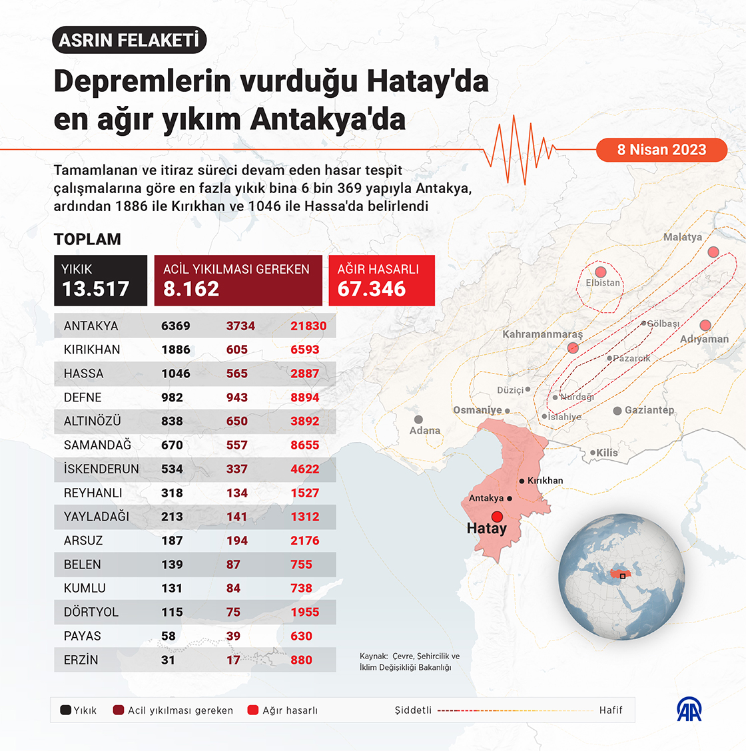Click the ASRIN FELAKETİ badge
(x=129, y=41)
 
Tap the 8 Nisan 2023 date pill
(x=661, y=149)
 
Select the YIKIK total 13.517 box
(x=101, y=280)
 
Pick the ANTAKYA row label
(x=91, y=326)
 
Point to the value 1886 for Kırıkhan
(x=176, y=350)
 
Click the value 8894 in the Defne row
(x=304, y=397)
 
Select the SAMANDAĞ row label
(x=97, y=445)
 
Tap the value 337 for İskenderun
(x=236, y=469)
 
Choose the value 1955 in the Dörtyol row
(x=304, y=613)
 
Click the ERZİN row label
(x=81, y=660)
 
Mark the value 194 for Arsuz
(x=236, y=541)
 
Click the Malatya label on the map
(x=682, y=237)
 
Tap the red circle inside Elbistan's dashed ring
(x=600, y=272)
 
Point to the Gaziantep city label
(x=649, y=410)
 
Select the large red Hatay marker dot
(x=497, y=517)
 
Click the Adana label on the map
(x=425, y=431)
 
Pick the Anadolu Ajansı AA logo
(x=689, y=710)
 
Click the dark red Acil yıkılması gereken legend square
(x=119, y=710)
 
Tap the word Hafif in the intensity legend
(x=610, y=710)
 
